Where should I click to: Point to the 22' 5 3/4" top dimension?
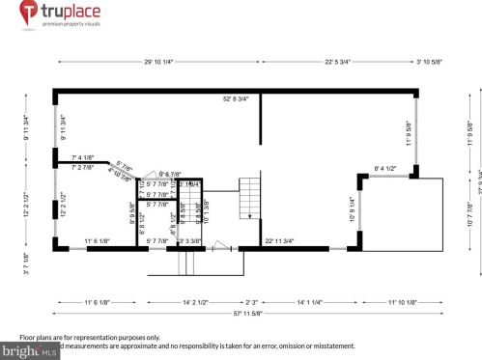coord(344,62)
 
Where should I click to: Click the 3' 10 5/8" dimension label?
coord(428,62)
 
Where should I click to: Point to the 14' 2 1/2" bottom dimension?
coord(187,302)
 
